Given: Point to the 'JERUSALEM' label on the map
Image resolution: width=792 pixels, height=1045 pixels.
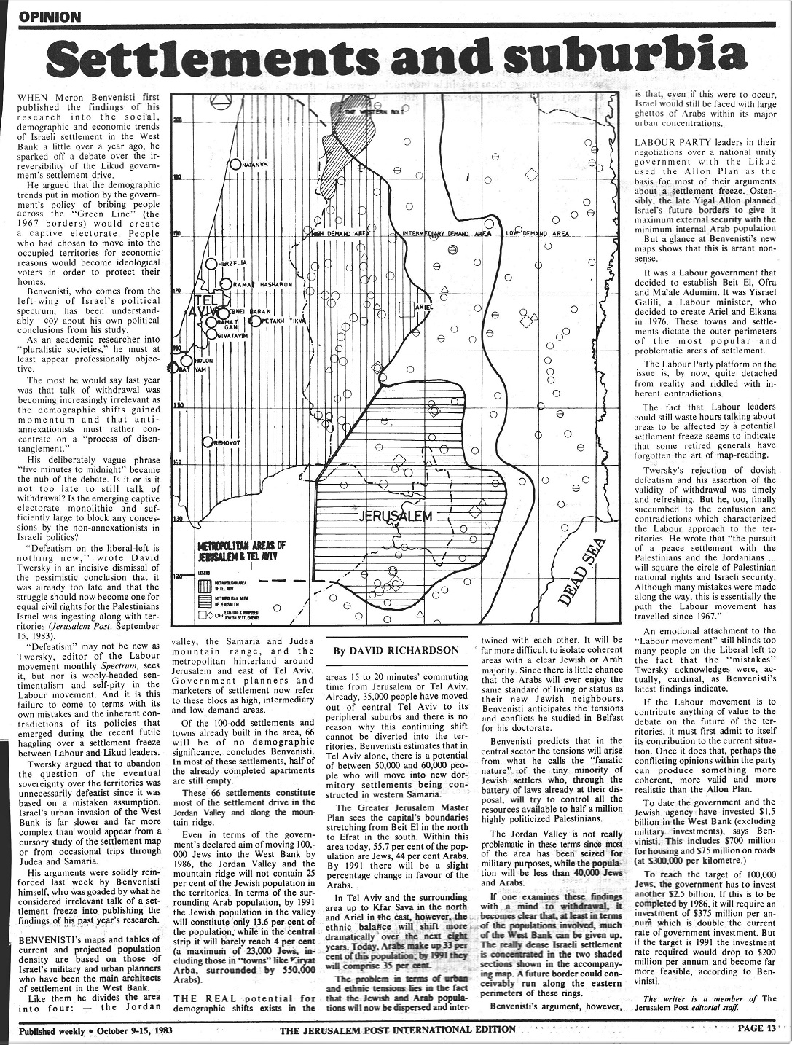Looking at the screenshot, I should tap(396, 517).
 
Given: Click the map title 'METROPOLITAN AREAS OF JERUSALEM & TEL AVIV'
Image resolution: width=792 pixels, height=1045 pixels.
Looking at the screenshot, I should tap(241, 550).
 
